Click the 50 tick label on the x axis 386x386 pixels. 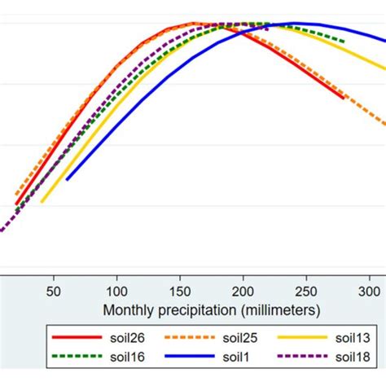point(54,291)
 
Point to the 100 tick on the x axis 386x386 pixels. point(116,291)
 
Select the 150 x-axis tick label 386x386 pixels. point(180,291)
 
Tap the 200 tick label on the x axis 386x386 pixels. point(243,291)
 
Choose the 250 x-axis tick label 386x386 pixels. point(305,291)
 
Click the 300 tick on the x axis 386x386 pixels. point(368,291)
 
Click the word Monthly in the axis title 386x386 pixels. point(128,310)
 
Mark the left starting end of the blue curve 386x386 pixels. point(67,179)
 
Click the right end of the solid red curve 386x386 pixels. point(344,98)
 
